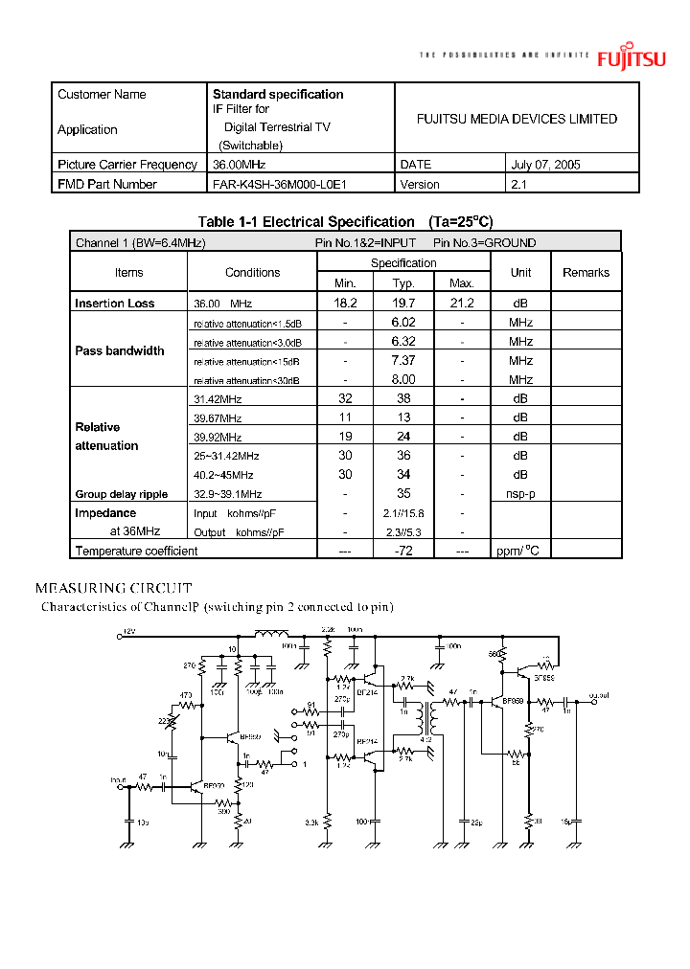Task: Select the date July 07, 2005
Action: [x=546, y=165]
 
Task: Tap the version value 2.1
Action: [x=519, y=184]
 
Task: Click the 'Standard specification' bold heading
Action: [x=278, y=94]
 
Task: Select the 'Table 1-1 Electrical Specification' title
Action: [x=306, y=221]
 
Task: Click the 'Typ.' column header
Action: [x=403, y=282]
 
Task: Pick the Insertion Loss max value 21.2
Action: [x=461, y=303]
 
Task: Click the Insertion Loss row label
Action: [x=114, y=304]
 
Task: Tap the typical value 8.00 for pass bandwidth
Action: [x=402, y=379]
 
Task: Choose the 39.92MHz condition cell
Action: [x=218, y=437]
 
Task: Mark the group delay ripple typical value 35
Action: [x=402, y=494]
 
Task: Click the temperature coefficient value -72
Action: [x=402, y=551]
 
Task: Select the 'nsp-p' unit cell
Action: [x=520, y=494]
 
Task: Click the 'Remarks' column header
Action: [x=586, y=273]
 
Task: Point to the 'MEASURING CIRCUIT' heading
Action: [x=113, y=588]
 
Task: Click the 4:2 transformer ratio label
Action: [x=426, y=739]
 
